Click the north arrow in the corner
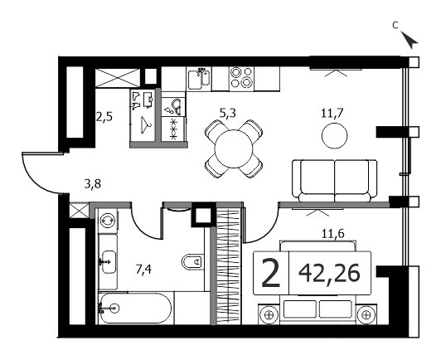409,40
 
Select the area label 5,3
227,114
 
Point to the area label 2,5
104,116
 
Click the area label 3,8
93,184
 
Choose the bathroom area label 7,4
143,270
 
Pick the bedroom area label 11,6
333,234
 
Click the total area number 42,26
329,273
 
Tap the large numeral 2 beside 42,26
271,273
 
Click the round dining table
234,149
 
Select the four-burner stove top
241,79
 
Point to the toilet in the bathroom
192,262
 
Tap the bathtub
135,309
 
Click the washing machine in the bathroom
109,220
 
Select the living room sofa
335,181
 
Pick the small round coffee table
334,136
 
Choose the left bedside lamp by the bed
269,314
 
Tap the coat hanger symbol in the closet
146,125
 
